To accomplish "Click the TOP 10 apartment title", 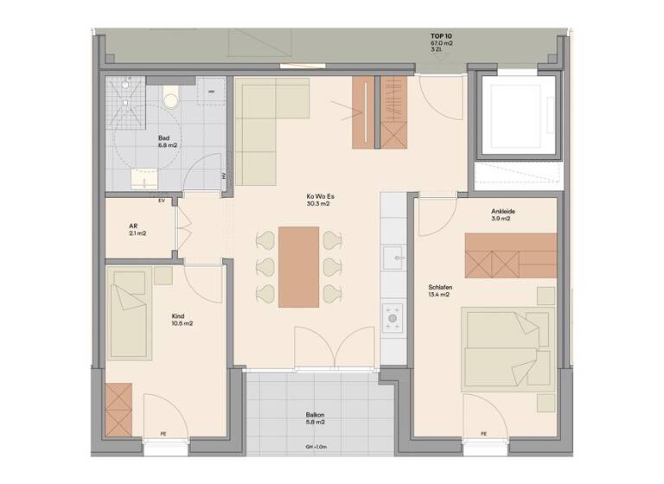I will click(x=441, y=35).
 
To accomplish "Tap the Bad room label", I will click(x=163, y=138).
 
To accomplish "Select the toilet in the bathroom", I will click(x=170, y=98).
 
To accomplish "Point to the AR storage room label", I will click(x=134, y=226).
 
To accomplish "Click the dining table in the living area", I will click(x=299, y=266).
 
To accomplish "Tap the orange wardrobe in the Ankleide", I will click(x=510, y=254).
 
